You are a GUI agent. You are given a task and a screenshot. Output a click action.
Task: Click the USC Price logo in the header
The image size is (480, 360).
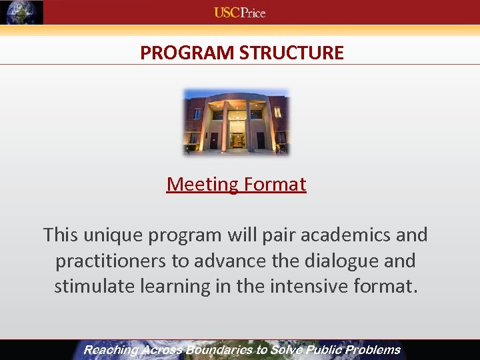coord(239,12)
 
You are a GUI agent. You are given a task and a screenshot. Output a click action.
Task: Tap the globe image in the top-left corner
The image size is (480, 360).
coord(22,12)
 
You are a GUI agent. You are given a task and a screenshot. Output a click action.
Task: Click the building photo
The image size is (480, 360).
coord(236,121)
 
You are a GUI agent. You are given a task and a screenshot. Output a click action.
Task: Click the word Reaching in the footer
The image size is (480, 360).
coord(111,350)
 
